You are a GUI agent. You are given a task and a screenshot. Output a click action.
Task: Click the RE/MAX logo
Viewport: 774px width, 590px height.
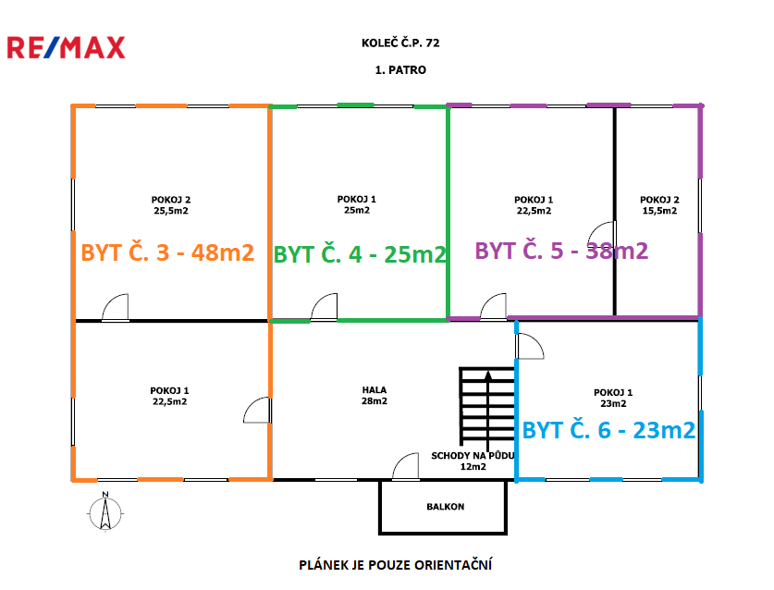click(x=66, y=48)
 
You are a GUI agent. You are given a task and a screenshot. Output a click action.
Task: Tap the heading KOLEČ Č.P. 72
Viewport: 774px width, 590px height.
click(x=400, y=43)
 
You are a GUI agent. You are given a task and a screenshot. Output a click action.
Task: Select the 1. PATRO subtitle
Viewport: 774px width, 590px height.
click(x=400, y=69)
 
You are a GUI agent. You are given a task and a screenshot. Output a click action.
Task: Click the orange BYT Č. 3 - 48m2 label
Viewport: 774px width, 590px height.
click(x=167, y=252)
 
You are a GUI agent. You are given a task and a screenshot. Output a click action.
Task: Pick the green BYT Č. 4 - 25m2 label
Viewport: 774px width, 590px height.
click(x=361, y=253)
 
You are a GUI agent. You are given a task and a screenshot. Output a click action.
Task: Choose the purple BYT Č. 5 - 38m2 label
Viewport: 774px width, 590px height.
click(x=560, y=250)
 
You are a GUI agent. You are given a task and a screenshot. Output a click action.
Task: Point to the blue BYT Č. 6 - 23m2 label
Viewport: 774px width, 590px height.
click(x=608, y=429)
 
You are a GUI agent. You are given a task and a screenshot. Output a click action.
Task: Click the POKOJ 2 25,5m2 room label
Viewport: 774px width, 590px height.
click(x=171, y=204)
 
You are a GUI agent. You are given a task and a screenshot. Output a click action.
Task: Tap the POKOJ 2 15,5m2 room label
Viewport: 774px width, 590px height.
click(x=658, y=204)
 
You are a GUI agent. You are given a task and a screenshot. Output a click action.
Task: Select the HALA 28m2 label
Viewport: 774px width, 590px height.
click(x=375, y=396)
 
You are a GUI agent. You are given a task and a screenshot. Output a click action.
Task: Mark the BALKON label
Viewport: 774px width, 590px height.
click(x=445, y=507)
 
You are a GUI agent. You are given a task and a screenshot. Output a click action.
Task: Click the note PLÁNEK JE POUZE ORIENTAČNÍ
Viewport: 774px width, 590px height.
click(x=394, y=564)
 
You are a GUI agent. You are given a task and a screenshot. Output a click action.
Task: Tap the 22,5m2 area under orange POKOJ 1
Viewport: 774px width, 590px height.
click(x=169, y=402)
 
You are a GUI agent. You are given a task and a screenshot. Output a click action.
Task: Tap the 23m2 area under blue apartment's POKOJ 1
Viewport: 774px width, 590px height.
click(x=614, y=403)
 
